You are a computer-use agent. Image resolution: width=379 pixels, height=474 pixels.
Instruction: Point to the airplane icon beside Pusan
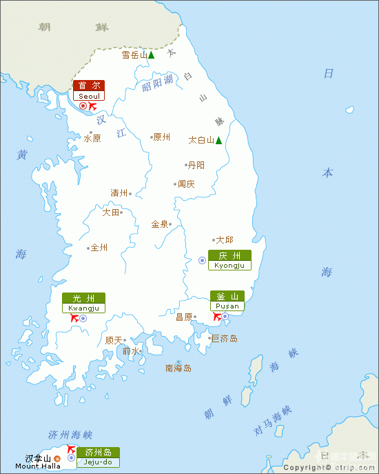point(216,317)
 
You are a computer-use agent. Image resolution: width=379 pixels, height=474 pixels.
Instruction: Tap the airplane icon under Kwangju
point(74,318)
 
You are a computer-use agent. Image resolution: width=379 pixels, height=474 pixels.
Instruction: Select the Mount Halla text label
point(37,466)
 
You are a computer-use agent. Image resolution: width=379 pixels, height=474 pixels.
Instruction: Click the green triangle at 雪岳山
point(151,55)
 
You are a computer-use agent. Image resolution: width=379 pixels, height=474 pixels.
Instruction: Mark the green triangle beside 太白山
point(218,140)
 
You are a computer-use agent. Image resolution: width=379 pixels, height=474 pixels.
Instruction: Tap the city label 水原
point(92,138)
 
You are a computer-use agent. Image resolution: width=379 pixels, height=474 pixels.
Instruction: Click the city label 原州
point(161,137)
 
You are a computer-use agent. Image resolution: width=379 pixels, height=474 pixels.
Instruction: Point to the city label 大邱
point(225,240)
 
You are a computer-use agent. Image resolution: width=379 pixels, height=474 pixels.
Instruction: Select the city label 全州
point(99,247)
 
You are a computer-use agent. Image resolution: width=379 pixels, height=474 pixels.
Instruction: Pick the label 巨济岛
point(225,338)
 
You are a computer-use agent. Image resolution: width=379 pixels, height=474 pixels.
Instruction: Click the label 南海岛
point(178,368)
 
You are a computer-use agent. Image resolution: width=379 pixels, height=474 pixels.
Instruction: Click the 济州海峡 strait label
point(70,435)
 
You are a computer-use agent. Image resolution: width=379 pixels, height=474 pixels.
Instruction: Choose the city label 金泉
point(160,224)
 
